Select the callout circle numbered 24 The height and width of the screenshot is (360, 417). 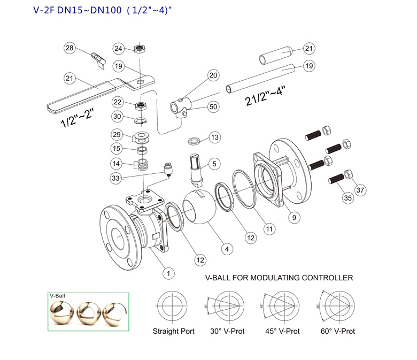pos(119,49)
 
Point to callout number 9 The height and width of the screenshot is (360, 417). pos(293,217)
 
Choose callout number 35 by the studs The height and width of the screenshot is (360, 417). pos(348,198)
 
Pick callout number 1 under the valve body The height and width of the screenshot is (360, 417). pos(168,273)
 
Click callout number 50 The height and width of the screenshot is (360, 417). pos(213,107)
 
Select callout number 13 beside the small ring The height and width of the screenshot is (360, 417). pos(214,137)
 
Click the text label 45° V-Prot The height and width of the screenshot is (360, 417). pos(283,332)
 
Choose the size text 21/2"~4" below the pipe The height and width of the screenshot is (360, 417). pos(265,96)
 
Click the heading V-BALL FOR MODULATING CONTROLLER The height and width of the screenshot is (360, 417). pos(279,278)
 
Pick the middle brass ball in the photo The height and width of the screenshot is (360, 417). pos(88,312)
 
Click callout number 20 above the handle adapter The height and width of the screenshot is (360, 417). pos(214,75)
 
